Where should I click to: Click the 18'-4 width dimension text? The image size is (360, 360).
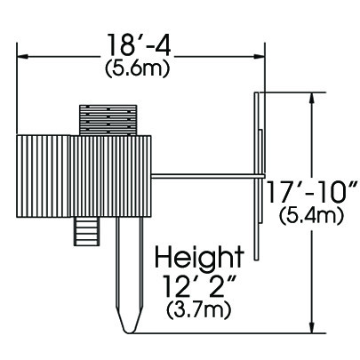point(138,45)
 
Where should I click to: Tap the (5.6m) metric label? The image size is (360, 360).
point(138,69)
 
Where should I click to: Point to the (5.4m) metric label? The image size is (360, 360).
point(312,216)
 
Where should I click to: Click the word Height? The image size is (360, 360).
point(200,258)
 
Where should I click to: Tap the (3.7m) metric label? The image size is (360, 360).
point(198,311)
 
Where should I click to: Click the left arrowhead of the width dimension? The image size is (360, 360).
point(22,56)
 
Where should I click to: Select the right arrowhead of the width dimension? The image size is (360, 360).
point(259,56)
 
